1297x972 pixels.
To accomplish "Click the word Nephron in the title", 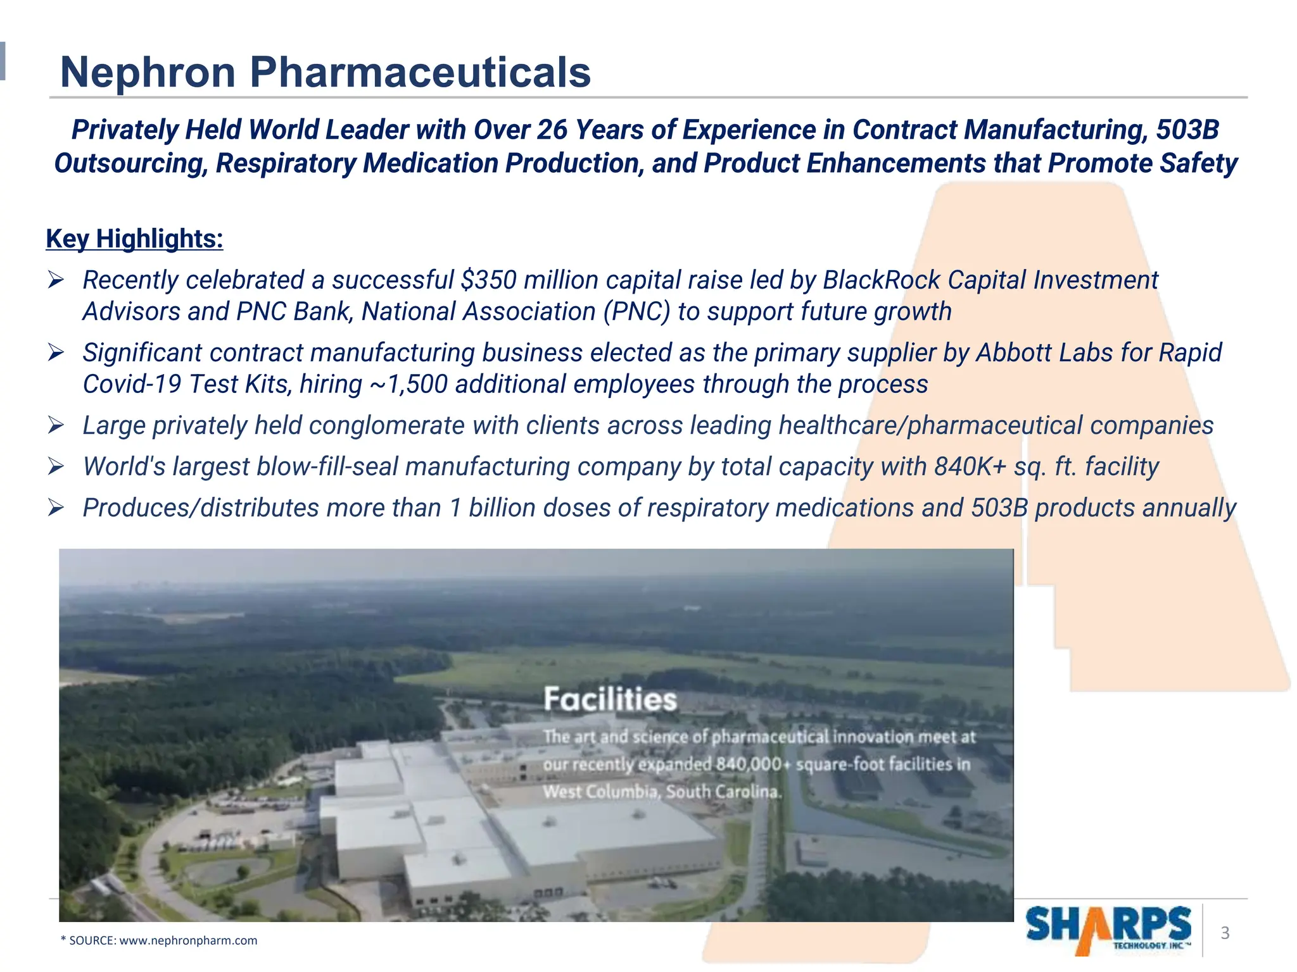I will (x=148, y=72).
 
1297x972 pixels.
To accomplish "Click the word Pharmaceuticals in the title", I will (x=421, y=72).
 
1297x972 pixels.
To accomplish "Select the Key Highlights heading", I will (x=134, y=239).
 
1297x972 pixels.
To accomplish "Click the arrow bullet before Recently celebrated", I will (x=56, y=280).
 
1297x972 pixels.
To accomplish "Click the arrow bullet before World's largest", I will (x=56, y=467).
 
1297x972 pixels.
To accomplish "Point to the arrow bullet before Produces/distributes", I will (x=56, y=508).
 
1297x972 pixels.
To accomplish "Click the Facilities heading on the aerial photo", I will (x=610, y=700).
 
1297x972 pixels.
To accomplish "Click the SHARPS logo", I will (x=1108, y=929).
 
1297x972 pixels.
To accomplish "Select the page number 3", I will (x=1225, y=933).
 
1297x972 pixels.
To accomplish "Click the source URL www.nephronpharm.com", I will (x=188, y=940).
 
